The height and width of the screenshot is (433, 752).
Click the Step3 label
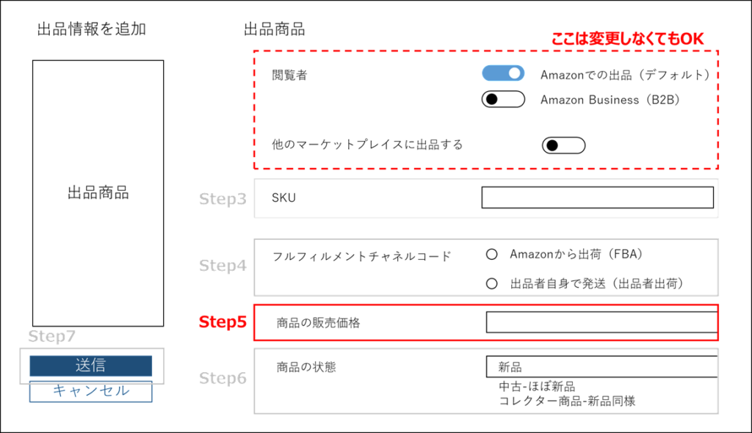coord(223,199)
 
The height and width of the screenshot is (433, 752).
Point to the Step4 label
coord(223,266)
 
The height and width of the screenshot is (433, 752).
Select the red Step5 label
coord(223,322)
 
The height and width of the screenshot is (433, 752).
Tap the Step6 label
coord(223,379)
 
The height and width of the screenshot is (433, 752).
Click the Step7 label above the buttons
coord(51,336)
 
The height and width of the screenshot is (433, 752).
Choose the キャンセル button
coord(91,392)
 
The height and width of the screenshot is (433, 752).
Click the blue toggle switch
coord(503,73)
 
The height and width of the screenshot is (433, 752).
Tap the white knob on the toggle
coord(515,73)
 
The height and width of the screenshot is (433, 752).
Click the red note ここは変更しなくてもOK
coord(627,39)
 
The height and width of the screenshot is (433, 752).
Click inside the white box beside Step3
coord(485,198)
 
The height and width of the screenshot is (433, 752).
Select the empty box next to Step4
coord(485,267)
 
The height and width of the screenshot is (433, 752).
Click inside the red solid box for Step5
coord(485,323)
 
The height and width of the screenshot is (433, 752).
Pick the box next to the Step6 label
coord(485,381)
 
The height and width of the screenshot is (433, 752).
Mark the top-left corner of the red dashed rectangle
coord(254,51)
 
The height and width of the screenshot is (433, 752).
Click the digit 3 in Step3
coord(242,199)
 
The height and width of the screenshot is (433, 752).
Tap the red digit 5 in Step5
coord(242,322)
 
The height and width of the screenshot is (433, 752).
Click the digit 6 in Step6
coord(242,379)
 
